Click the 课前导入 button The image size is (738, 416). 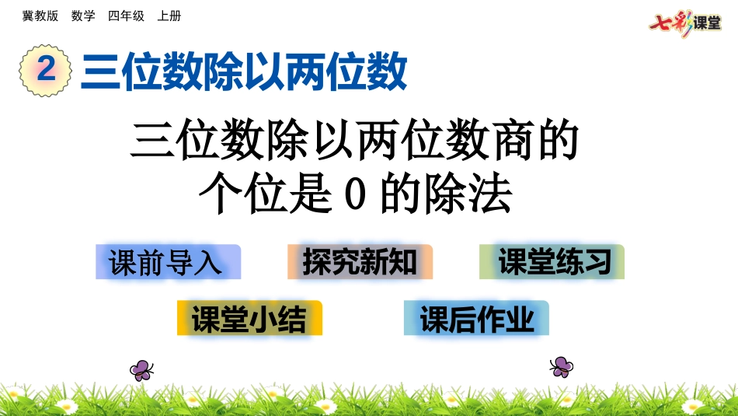168,262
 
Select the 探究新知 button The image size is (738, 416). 360,262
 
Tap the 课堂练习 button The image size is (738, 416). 552,262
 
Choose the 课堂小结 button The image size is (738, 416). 249,318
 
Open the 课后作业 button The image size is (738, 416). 476,318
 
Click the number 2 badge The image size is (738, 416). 46,71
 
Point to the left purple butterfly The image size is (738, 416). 141,369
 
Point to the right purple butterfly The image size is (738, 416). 561,366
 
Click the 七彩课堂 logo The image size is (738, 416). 684,23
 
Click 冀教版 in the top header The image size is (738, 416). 40,16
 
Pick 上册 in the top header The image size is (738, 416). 169,16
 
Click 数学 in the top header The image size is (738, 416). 83,16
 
